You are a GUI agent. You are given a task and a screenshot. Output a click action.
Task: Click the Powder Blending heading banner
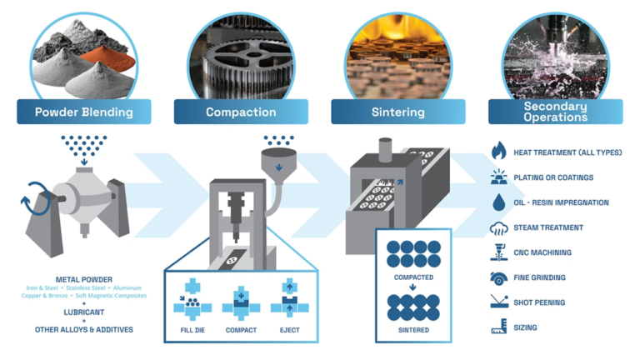coord(83,112)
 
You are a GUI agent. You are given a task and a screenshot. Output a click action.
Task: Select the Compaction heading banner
coord(241,112)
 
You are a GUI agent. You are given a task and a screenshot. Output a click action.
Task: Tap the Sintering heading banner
coord(397,112)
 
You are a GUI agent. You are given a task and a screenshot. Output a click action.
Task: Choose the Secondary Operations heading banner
coord(555,112)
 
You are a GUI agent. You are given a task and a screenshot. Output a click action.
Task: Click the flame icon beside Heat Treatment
coord(499,152)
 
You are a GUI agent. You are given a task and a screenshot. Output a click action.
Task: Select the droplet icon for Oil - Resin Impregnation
coord(499,202)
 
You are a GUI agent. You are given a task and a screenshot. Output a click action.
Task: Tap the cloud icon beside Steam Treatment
coord(499,227)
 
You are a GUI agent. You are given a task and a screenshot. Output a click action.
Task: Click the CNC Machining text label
coord(542,252)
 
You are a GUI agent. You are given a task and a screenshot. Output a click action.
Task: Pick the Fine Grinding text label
coord(539,277)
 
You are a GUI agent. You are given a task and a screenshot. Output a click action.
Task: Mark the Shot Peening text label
coord(539,302)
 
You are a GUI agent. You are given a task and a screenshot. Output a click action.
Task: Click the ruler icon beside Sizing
coord(499,327)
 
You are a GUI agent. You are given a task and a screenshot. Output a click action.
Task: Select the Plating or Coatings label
coord(553,177)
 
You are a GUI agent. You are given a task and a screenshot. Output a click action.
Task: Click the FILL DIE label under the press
coord(192,330)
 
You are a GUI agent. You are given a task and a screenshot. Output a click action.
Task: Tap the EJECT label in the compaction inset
coord(290,330)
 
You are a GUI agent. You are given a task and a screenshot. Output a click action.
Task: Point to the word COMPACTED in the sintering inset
coord(413,275)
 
